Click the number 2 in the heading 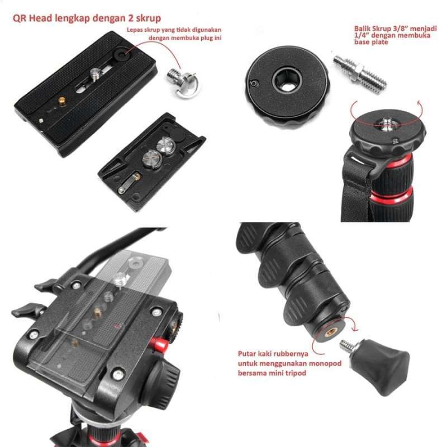point(126,18)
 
